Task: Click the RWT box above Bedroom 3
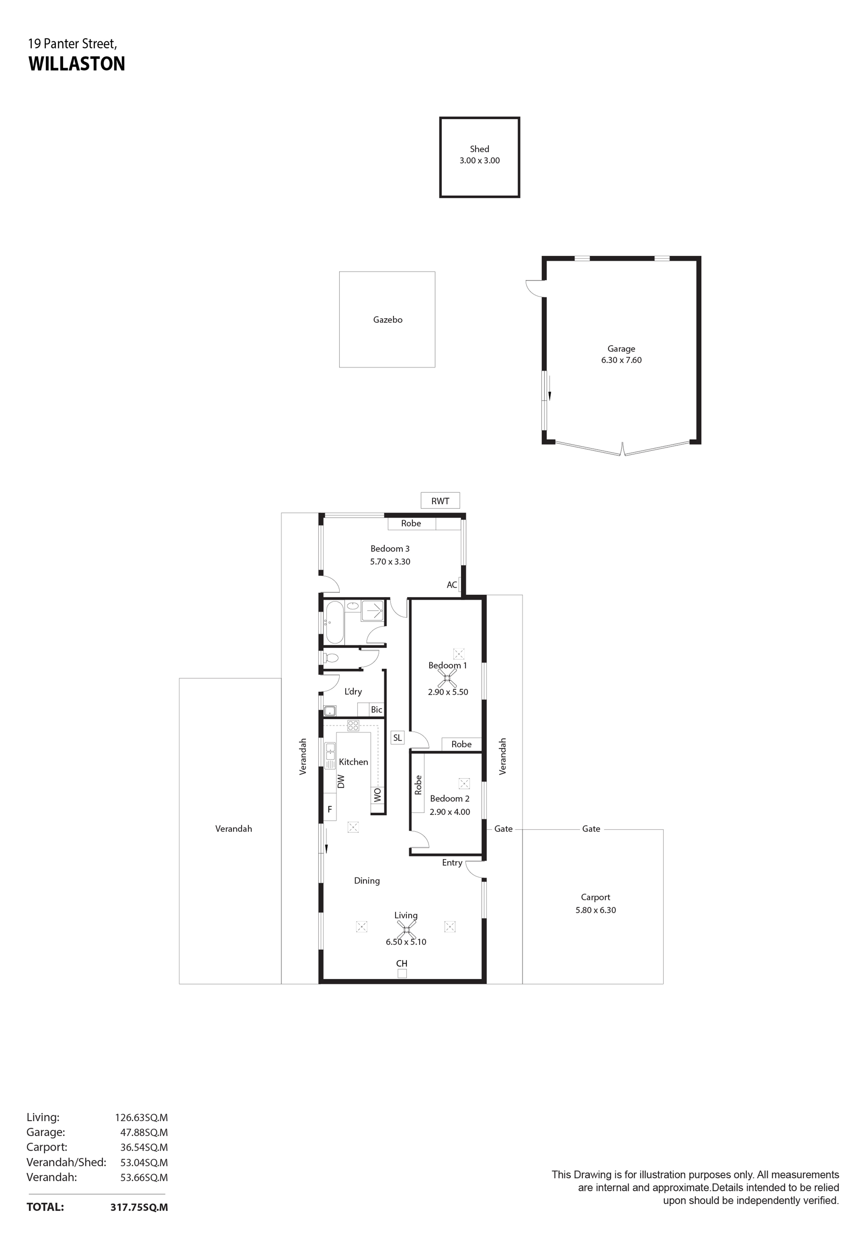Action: click(440, 500)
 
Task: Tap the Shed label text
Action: click(479, 149)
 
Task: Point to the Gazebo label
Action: click(388, 319)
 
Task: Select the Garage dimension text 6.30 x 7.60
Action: click(621, 360)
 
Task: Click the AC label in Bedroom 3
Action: click(452, 585)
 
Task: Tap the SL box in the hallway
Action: click(397, 737)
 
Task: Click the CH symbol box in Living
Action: click(402, 973)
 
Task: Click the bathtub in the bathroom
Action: click(334, 622)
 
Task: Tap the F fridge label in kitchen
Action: click(329, 809)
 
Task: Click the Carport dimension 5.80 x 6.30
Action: click(595, 910)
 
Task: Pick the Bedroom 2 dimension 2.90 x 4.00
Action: click(450, 812)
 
